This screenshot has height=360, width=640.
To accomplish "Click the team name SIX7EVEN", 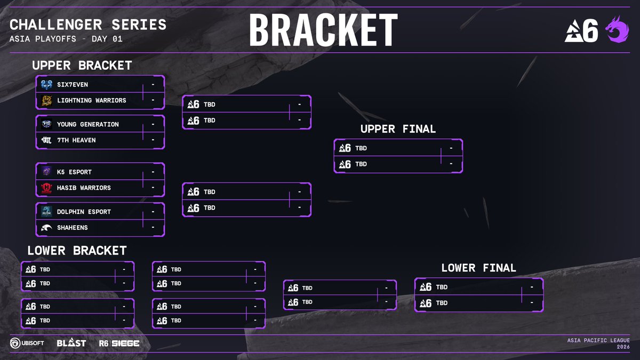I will coord(72,84).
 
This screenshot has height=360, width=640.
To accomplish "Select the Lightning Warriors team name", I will coord(91,100).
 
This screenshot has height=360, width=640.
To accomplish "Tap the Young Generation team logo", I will coord(46,124).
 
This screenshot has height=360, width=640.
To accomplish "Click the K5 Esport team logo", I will coord(46,172).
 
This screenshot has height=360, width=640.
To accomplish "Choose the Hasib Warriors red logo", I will coord(46,188).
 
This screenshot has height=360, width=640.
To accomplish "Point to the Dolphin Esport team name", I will coord(84,212).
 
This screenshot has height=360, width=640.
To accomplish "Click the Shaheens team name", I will coord(72,228).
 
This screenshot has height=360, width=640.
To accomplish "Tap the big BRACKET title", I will coord(323,30).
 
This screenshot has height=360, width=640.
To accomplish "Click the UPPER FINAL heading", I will coord(398,129).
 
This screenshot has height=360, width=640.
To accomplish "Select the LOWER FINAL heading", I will coord(478,268).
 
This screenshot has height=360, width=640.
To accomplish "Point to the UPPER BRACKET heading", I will coord(82,66).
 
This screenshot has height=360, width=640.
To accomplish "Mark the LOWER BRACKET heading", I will coord(77,250).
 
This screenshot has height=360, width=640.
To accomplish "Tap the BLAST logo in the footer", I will coord(71,343).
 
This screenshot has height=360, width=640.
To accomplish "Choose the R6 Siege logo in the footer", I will coord(119,343).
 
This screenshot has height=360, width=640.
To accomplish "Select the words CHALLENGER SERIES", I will coord(88,25).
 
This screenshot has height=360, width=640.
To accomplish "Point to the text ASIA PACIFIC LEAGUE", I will coord(599,340).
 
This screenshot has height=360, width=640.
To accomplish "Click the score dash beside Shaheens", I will coord(153,228).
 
